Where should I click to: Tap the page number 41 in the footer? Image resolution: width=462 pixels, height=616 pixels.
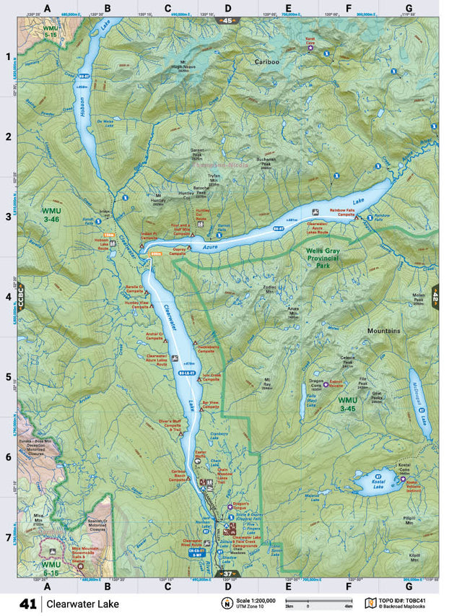pyautogui.click(x=28, y=603)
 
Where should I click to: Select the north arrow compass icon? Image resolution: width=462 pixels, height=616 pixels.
pyautogui.click(x=227, y=604)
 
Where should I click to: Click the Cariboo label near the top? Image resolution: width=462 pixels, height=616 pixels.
pyautogui.click(x=266, y=63)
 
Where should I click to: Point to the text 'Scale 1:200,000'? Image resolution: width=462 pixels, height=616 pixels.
pyautogui.click(x=258, y=599)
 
